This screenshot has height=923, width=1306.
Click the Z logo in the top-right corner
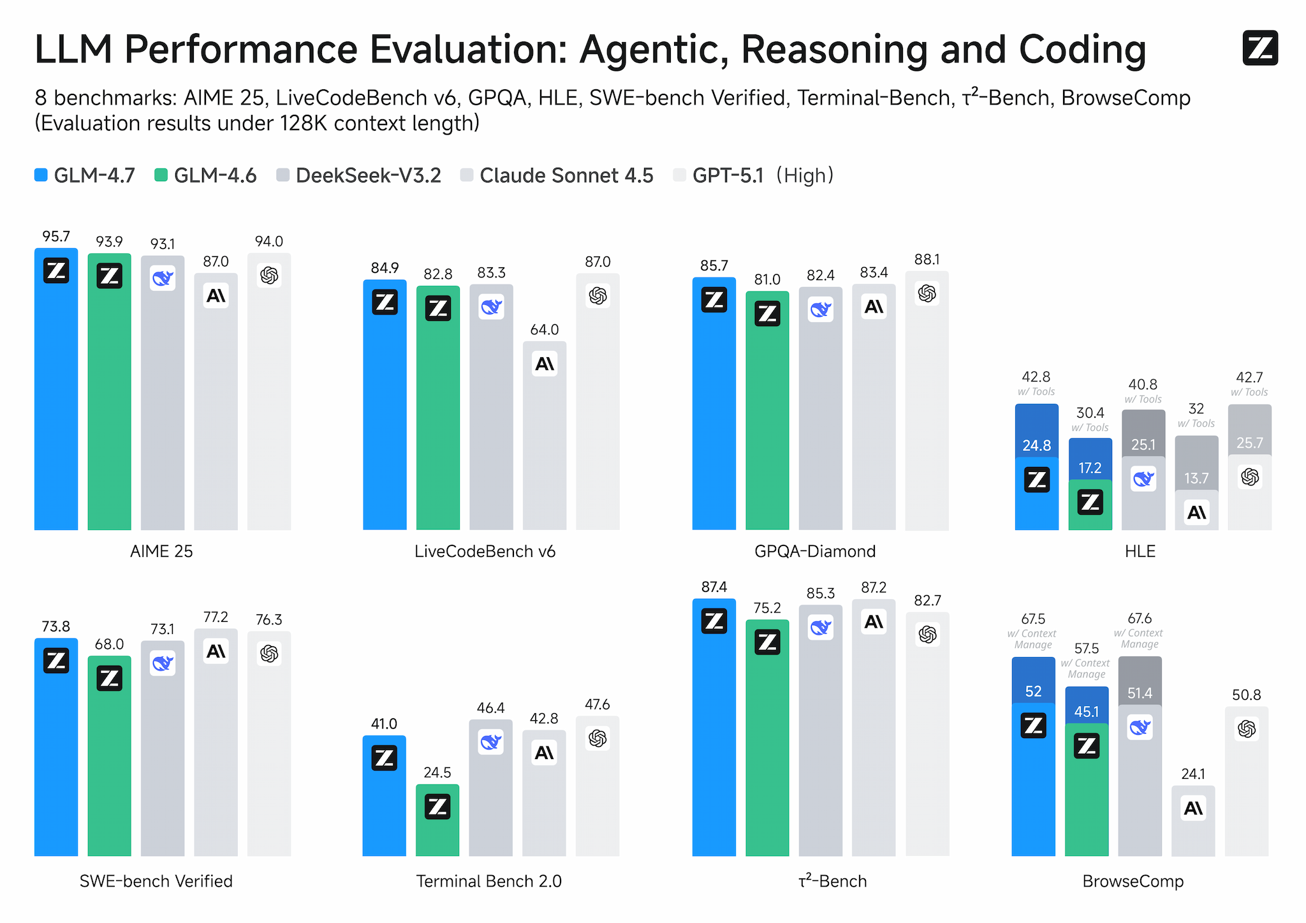[1259, 48]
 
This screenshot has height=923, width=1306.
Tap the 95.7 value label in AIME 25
[56, 237]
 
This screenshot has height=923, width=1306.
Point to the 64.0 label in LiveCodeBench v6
[544, 330]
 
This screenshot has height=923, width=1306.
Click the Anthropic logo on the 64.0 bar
[544, 364]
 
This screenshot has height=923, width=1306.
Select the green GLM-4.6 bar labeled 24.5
[437, 829]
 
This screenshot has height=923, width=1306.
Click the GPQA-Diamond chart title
[815, 551]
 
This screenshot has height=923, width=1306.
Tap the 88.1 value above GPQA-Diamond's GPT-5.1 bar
[927, 260]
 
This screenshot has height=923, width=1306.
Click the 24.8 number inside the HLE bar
[1036, 446]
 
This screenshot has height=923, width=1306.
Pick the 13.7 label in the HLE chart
[1196, 478]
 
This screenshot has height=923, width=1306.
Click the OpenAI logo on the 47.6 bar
[598, 739]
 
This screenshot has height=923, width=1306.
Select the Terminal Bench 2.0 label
[488, 882]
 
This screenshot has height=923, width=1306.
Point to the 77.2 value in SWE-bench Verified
[216, 617]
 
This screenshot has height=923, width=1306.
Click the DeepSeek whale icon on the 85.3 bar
[820, 628]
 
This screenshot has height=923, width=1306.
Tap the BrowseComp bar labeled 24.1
[1192, 829]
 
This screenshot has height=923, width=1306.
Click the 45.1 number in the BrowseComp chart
[1086, 712]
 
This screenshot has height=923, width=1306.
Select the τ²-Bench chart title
[832, 882]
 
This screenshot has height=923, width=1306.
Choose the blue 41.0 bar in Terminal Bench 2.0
[384, 810]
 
